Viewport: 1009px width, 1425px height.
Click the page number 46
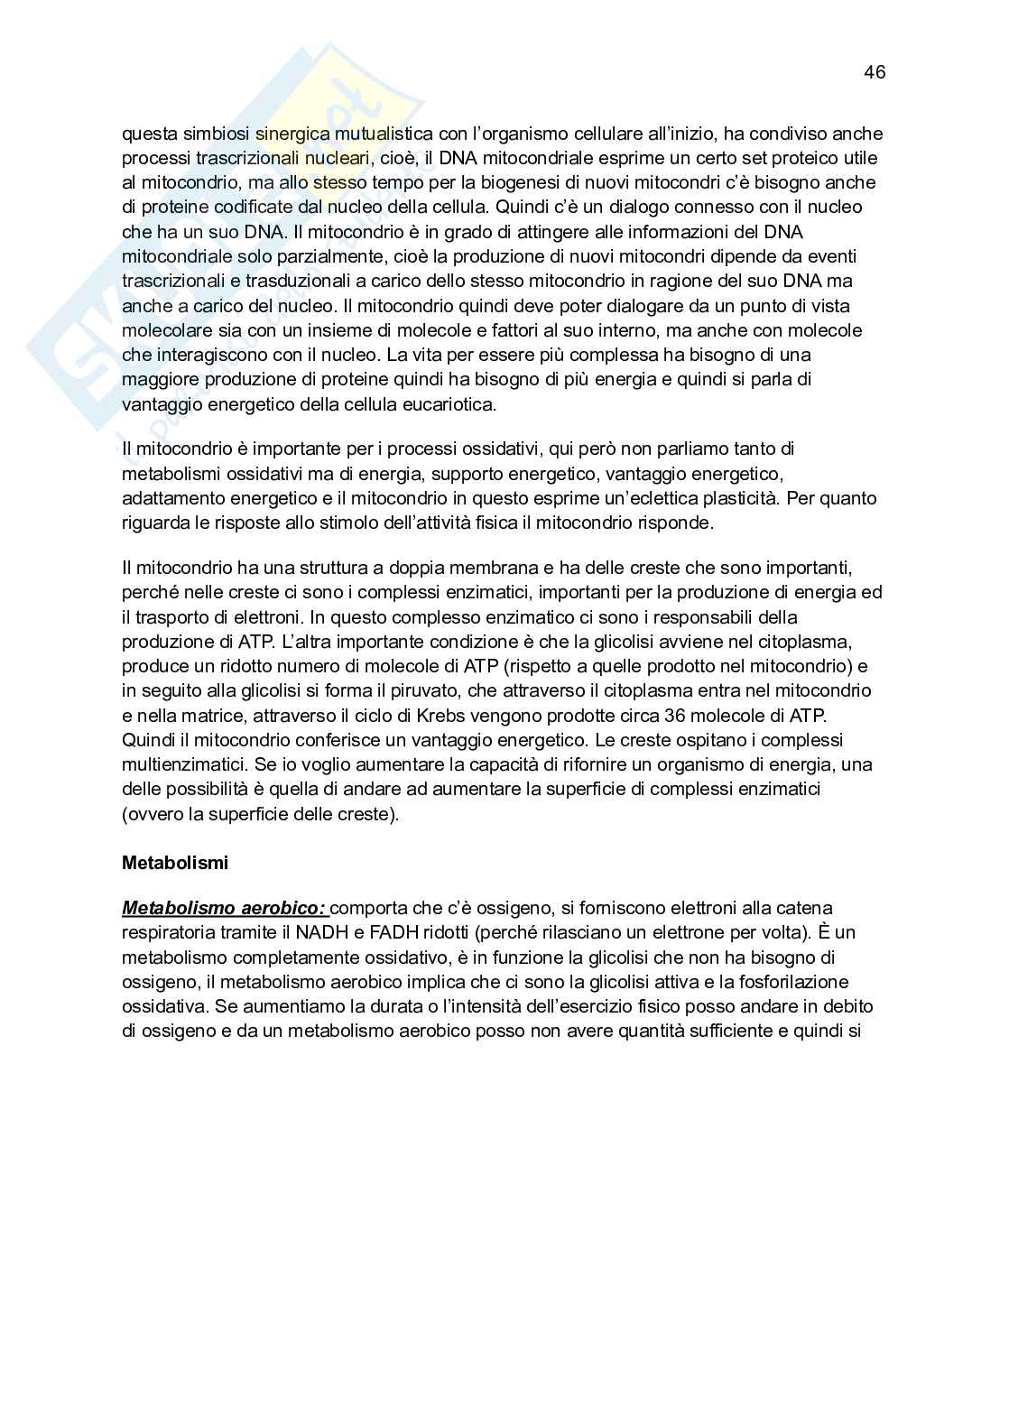(874, 72)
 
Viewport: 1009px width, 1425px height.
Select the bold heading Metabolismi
(175, 863)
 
